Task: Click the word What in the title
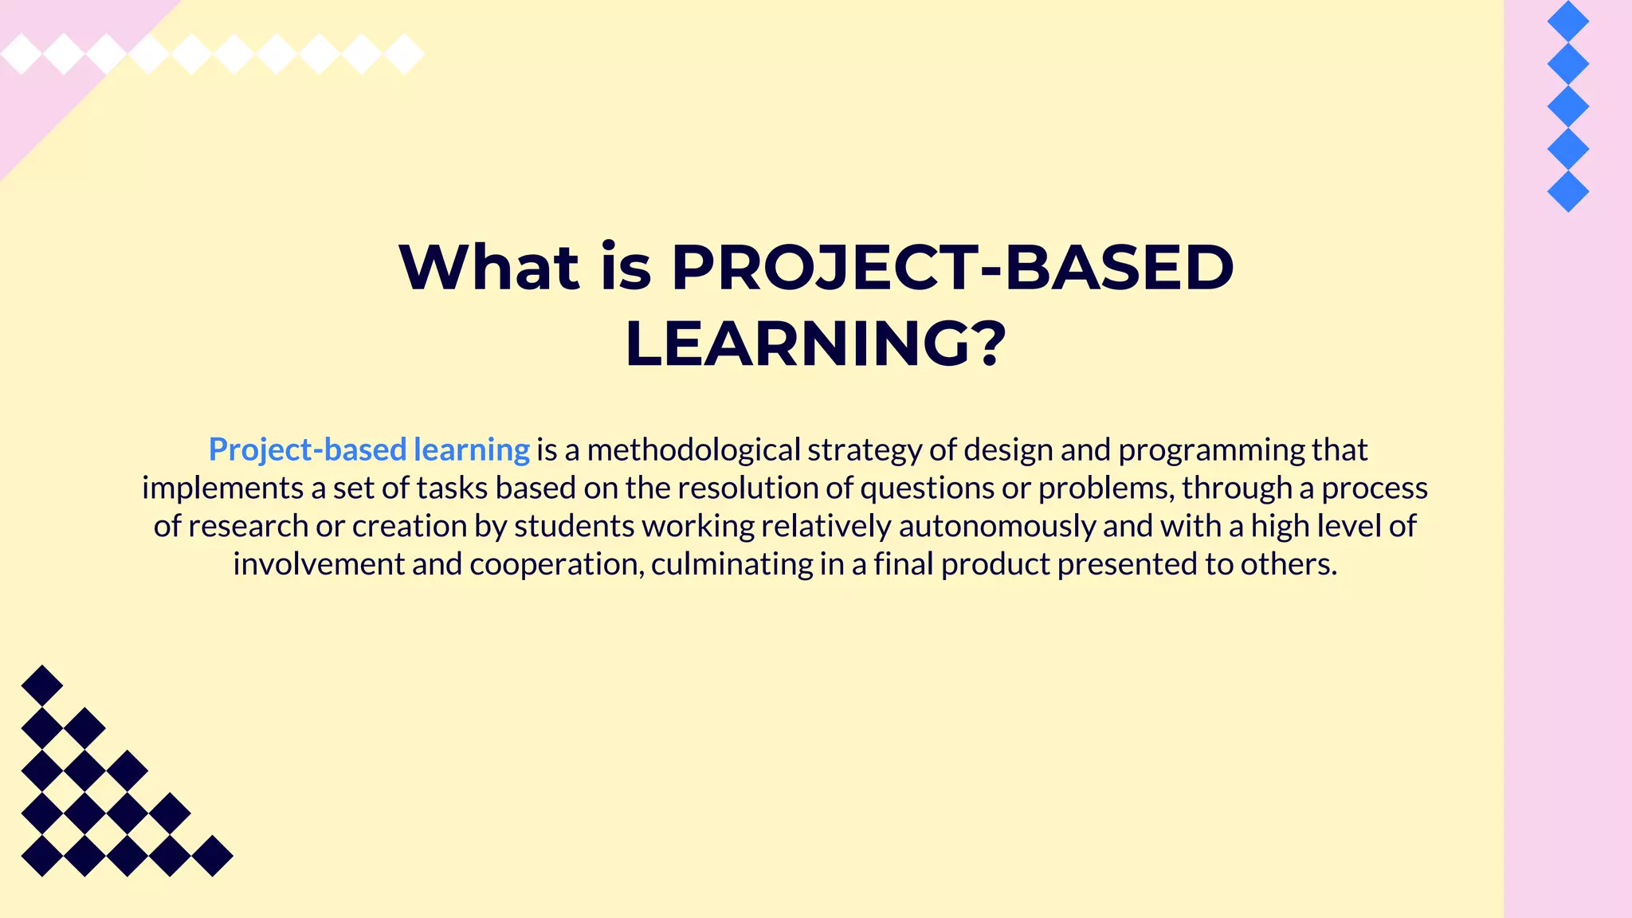488,267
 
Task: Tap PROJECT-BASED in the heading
952,267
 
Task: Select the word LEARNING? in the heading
815,344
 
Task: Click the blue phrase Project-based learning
369,449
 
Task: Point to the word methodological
693,449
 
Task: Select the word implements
222,488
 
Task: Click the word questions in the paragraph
927,488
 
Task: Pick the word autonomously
996,526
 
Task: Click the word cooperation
556,564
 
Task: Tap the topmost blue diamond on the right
1568,21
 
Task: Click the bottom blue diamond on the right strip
1568,191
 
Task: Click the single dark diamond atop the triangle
42,685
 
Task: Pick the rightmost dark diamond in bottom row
213,856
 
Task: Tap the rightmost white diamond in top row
405,54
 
